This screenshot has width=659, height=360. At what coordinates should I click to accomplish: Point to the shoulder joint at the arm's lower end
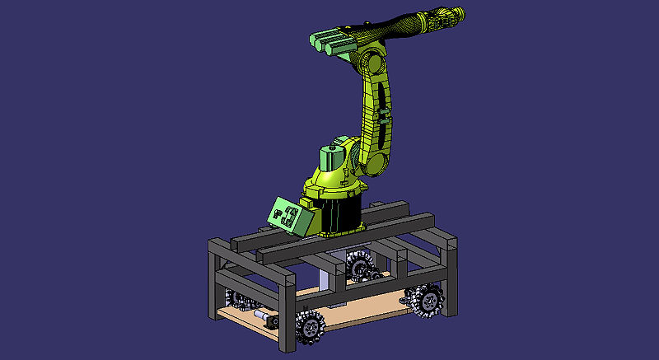374,160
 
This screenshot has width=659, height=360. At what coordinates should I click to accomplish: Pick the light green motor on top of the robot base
331,159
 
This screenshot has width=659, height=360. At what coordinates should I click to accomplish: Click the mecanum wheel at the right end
428,300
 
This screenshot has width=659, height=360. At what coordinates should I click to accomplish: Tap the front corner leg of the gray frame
287,313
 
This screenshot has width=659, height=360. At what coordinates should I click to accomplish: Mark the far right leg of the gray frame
450,264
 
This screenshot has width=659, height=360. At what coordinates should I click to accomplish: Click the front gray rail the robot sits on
346,239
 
